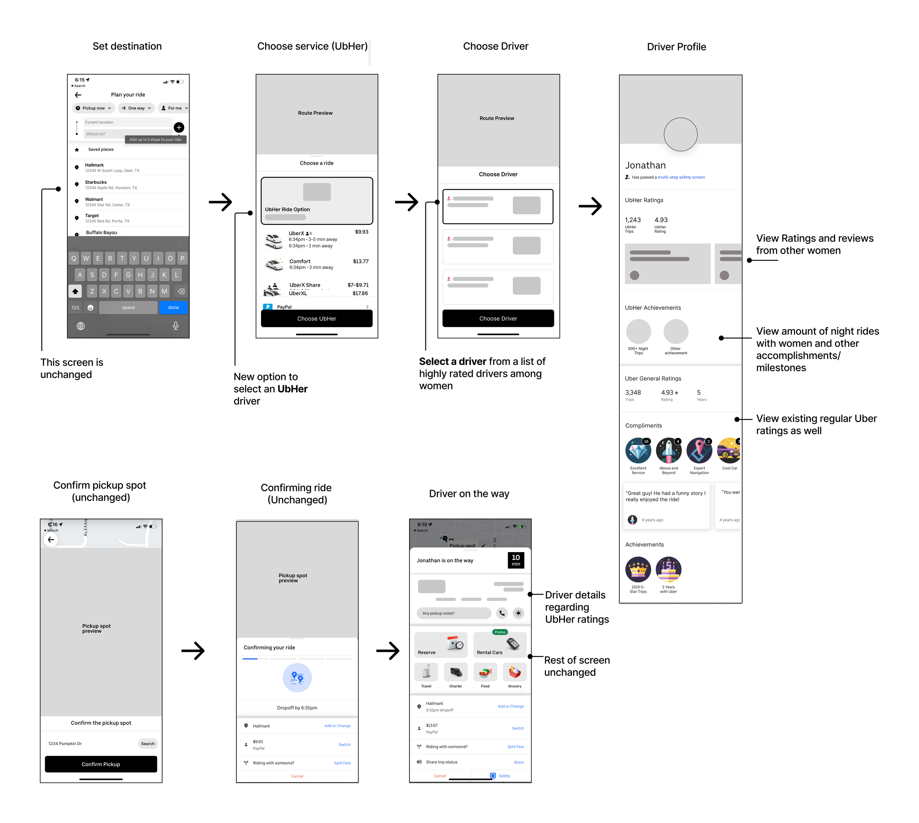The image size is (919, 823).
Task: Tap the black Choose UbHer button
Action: (x=317, y=318)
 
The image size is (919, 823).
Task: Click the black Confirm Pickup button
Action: (x=101, y=764)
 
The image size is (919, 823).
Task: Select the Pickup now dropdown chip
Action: (x=93, y=108)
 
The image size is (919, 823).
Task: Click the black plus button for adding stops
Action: (x=179, y=128)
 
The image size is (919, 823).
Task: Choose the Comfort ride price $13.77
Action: (x=361, y=261)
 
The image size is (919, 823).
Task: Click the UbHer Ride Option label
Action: (x=287, y=210)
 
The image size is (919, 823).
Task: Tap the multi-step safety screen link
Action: (x=681, y=177)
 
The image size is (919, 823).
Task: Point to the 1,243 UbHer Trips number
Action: (x=633, y=220)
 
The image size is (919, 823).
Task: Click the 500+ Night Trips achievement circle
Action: (x=638, y=332)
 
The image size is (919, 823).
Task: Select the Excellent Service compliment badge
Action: (x=638, y=450)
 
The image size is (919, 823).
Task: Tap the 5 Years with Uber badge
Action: (x=668, y=569)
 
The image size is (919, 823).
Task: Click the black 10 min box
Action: (x=516, y=560)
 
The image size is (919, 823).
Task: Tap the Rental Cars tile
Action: (x=500, y=645)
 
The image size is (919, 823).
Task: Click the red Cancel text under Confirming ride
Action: (x=297, y=776)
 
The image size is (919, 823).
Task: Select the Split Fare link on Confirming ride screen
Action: (x=342, y=763)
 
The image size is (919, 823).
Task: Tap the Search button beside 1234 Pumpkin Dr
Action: (x=147, y=743)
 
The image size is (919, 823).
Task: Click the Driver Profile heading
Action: (x=676, y=47)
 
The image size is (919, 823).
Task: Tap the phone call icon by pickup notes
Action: (x=501, y=613)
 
